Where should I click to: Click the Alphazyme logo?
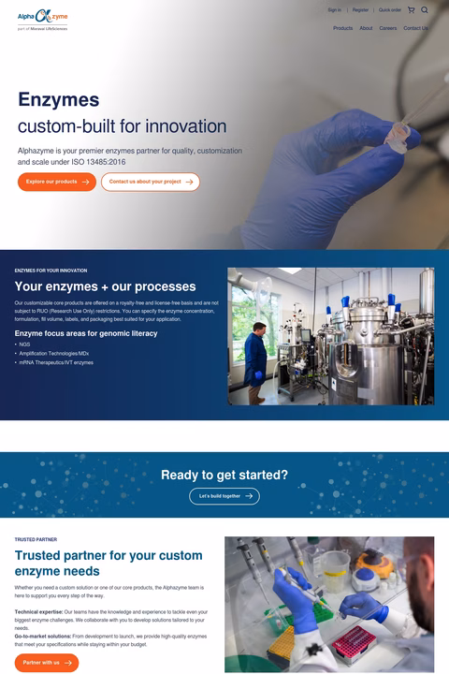[x=42, y=18]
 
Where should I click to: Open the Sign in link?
[x=334, y=10]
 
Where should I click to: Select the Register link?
[x=360, y=10]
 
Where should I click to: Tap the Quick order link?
[x=390, y=10]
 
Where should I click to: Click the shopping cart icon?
[x=411, y=10]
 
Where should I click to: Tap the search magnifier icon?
[x=425, y=10]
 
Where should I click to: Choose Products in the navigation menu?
[x=343, y=28]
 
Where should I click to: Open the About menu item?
[x=366, y=28]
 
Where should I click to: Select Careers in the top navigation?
[x=388, y=28]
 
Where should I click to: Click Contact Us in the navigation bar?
[x=415, y=28]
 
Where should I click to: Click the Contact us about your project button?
[x=151, y=182]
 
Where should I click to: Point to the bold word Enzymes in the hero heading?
[x=58, y=100]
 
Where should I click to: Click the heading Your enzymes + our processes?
[x=105, y=286]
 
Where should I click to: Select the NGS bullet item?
[x=24, y=344]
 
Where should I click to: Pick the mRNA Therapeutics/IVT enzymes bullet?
[x=56, y=362]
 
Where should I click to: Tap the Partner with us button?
[x=47, y=662]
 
